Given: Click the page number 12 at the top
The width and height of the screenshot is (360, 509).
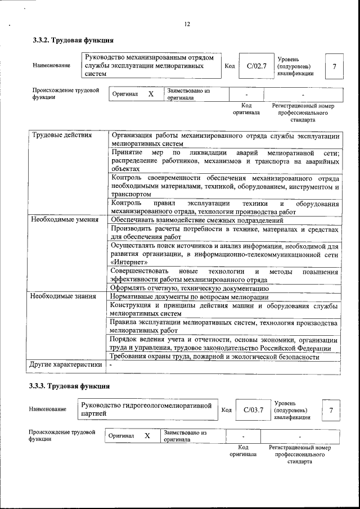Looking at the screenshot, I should pos(187,24).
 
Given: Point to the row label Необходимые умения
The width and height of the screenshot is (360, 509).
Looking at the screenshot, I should pos(65,220).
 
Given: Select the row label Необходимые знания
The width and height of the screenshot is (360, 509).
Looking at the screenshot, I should pos(63,296).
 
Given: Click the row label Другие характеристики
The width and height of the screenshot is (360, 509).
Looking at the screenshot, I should pos(66,365).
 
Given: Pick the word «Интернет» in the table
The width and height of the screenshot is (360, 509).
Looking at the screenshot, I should pos(129,262).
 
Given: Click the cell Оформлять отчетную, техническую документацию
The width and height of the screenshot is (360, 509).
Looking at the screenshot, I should pos(185,288).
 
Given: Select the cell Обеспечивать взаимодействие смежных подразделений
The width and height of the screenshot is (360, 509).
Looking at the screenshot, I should pos(196,220).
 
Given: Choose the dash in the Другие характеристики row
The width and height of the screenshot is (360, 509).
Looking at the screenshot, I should pos(111,365).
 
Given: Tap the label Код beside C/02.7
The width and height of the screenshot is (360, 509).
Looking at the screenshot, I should pos(229,66).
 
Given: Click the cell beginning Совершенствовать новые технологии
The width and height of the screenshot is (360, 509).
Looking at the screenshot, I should pos(224,275).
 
